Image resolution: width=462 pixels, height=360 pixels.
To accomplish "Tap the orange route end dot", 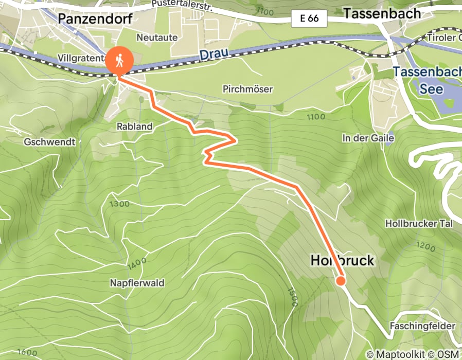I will (341, 281).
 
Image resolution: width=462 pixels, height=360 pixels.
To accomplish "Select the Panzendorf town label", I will (95, 19).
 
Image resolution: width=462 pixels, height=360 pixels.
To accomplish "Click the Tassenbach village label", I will (382, 13).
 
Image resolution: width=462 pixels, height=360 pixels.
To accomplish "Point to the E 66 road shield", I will (309, 19).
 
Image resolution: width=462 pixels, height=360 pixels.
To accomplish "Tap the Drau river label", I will (212, 53).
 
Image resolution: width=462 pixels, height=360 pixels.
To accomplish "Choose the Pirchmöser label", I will (247, 89).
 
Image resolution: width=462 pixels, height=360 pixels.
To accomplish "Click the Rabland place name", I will (135, 126).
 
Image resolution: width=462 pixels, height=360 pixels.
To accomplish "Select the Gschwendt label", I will (49, 141).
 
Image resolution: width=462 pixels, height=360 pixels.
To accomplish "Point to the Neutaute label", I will (157, 38).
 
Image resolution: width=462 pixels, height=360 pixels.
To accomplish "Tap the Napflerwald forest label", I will (137, 283).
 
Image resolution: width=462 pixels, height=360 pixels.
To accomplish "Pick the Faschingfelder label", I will (422, 326).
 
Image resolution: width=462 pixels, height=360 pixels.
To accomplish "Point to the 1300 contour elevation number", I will (120, 204).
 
